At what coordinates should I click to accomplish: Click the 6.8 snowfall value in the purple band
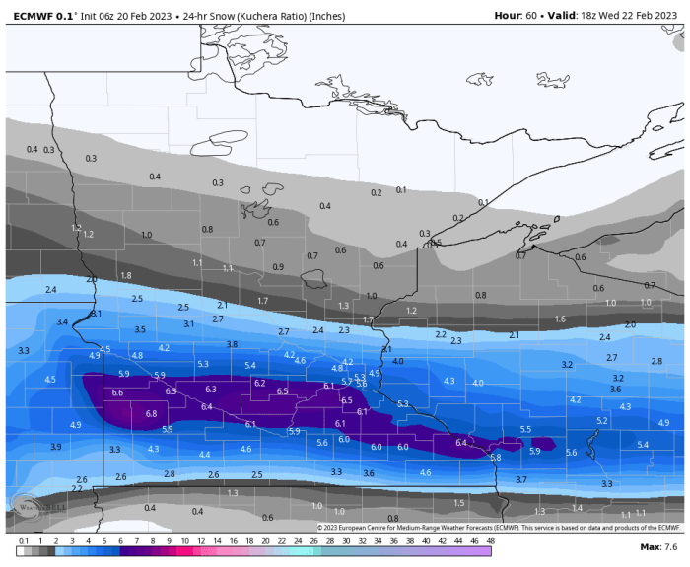[x=151, y=414]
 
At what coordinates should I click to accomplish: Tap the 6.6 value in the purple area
[x=118, y=392]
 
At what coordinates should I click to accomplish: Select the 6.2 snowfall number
[x=259, y=383]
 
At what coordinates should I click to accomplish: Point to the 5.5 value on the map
[x=525, y=430]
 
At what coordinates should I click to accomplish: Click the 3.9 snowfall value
[x=55, y=447]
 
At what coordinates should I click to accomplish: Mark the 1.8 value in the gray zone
[x=125, y=275]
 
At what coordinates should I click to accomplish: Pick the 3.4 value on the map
[x=62, y=322]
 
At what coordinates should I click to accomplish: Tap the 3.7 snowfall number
[x=521, y=479]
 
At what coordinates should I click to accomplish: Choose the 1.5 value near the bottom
[x=459, y=503]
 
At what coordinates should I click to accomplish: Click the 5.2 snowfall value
[x=602, y=421]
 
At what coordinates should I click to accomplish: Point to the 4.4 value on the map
[x=204, y=455]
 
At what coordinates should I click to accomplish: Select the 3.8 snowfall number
[x=232, y=344]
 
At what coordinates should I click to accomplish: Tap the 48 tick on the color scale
[x=490, y=541]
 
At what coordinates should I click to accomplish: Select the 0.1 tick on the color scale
[x=22, y=541]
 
